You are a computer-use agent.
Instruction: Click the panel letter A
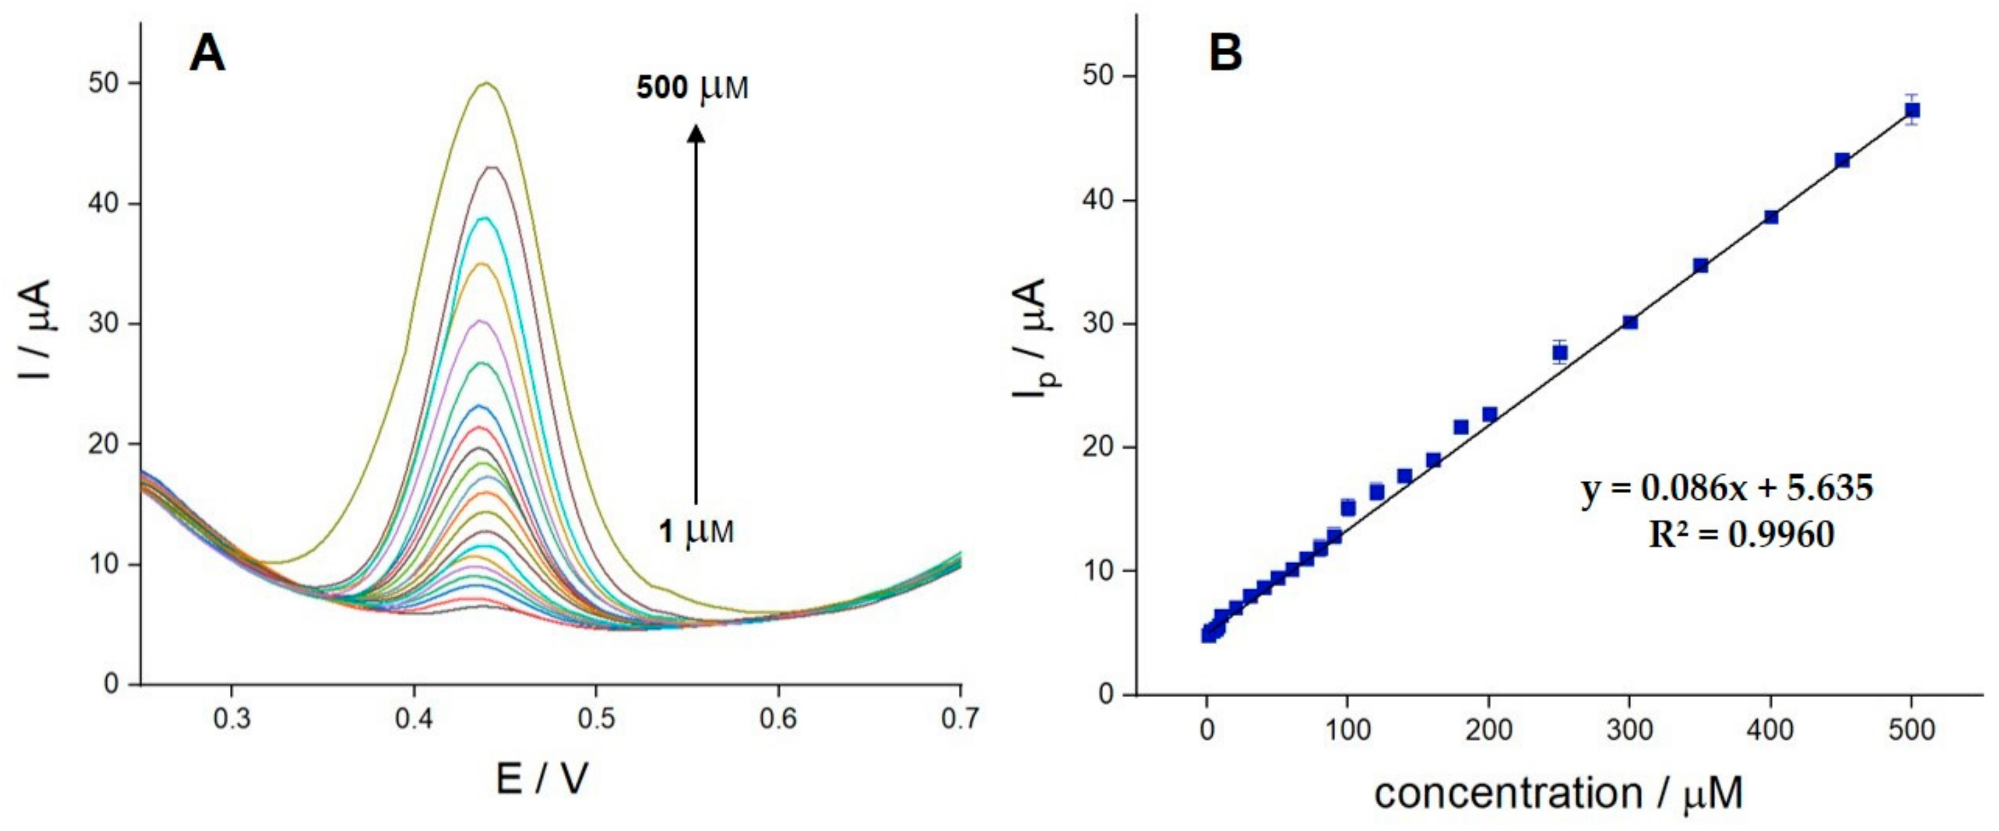coord(207,55)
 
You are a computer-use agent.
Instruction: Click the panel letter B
coord(1225,53)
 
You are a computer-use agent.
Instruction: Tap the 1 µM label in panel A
coord(696,532)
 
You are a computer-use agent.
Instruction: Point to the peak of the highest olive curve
coord(487,83)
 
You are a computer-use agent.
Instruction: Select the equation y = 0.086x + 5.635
coord(1727,488)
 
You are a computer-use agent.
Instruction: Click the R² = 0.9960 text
coord(1741,535)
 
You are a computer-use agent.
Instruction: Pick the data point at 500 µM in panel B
coord(1912,110)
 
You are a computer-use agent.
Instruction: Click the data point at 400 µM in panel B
coord(1771,217)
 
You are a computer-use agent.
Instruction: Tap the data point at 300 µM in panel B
coord(1630,322)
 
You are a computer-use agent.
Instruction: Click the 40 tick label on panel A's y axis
coord(105,203)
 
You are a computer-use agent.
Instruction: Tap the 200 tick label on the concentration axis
coord(1488,730)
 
